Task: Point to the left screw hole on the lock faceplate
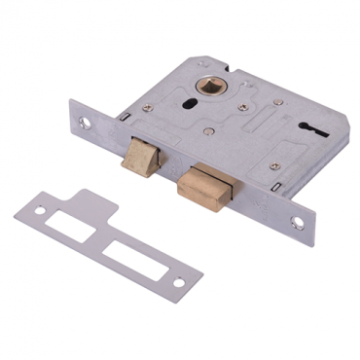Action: tap(86, 123)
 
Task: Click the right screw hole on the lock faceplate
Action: tap(297, 223)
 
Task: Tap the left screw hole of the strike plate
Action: tap(39, 209)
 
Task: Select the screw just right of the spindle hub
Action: tap(243, 107)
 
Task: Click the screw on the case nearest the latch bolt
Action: tap(164, 136)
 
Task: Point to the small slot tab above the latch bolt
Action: tap(125, 117)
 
